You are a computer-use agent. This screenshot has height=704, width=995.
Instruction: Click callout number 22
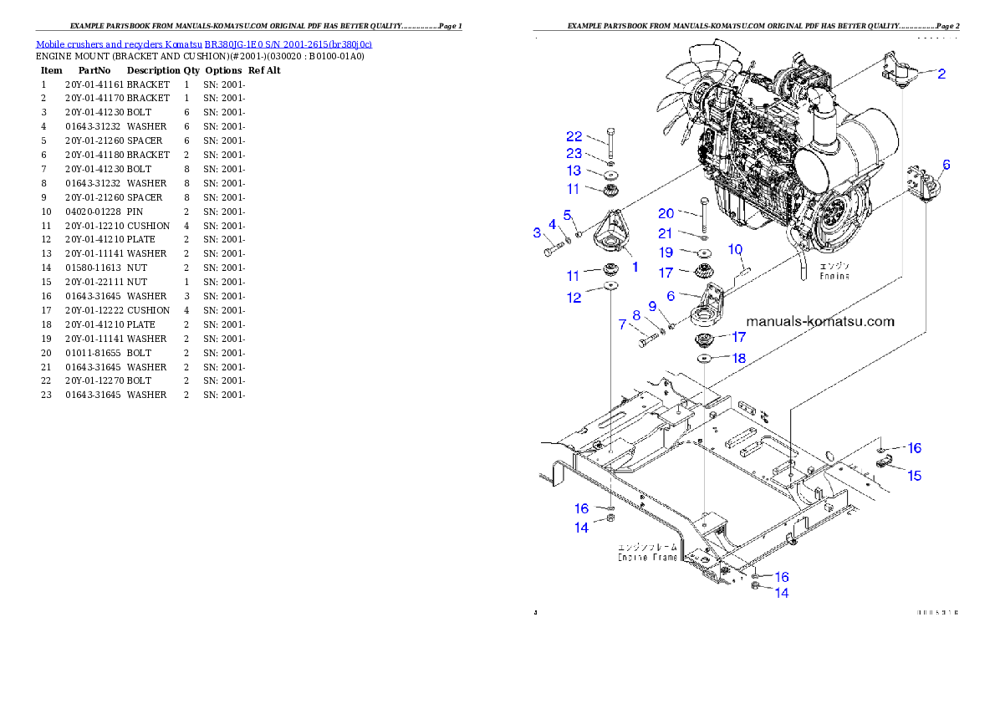pos(574,136)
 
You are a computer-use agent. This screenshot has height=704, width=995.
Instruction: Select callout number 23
pos(574,154)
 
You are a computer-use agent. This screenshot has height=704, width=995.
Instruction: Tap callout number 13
pos(574,171)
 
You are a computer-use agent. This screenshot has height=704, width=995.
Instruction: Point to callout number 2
pos(941,74)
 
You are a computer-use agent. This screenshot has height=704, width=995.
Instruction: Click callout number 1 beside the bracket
pos(635,268)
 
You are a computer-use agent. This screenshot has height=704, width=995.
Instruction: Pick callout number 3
pos(538,232)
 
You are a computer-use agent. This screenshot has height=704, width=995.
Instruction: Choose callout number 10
pos(735,249)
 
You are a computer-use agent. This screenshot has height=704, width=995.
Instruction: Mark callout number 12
pos(574,298)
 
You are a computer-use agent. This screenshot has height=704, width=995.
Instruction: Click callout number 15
pos(915,476)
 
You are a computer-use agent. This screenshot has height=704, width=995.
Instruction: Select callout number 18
pos(738,358)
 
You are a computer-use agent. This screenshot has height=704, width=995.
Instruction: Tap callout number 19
pos(666,252)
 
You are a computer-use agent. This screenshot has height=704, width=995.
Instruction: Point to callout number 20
pos(666,213)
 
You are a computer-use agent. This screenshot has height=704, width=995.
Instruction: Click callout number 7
pos(622,324)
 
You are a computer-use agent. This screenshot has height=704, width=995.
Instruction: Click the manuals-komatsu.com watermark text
pos(819,321)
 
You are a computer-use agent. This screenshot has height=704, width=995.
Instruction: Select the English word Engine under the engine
pos(834,276)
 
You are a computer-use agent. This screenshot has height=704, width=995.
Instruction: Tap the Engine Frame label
pos(647,557)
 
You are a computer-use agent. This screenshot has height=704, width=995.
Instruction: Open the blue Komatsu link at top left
pos(203,44)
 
